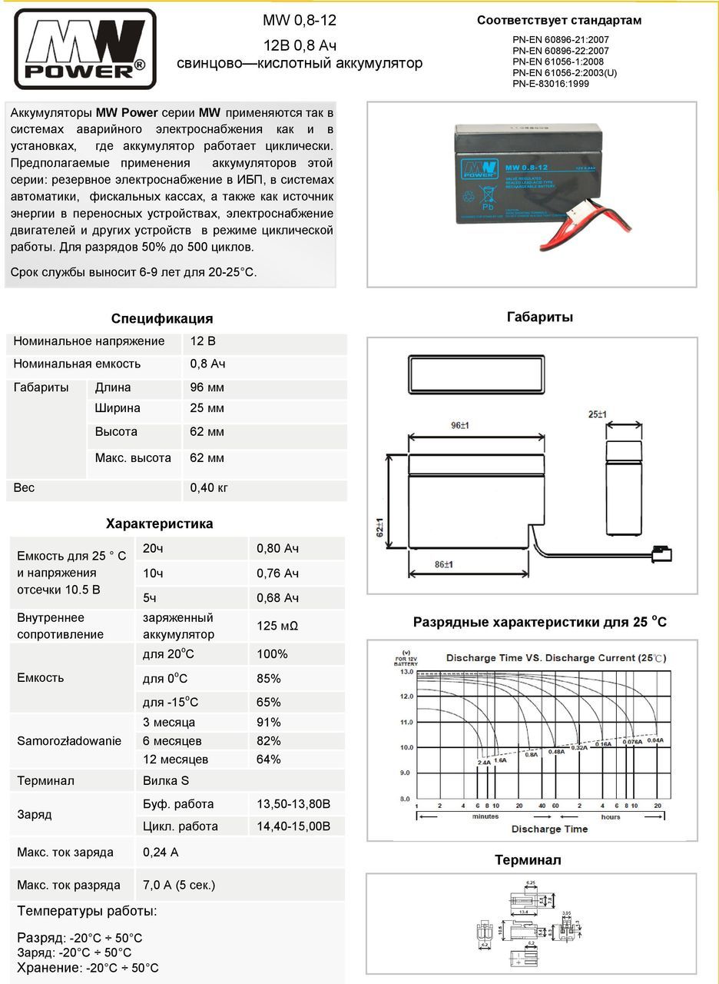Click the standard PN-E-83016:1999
(551, 84)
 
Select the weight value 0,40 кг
(209, 487)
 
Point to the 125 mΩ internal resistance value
(277, 627)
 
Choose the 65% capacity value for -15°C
(269, 702)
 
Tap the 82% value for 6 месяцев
(269, 741)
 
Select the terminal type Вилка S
(166, 781)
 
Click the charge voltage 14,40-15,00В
(293, 826)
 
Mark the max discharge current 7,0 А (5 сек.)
(179, 885)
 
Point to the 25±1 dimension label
(597, 414)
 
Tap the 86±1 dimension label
(443, 564)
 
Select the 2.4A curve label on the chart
(484, 762)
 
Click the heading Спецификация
(162, 318)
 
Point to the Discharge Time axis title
(549, 829)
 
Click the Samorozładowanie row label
(69, 741)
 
